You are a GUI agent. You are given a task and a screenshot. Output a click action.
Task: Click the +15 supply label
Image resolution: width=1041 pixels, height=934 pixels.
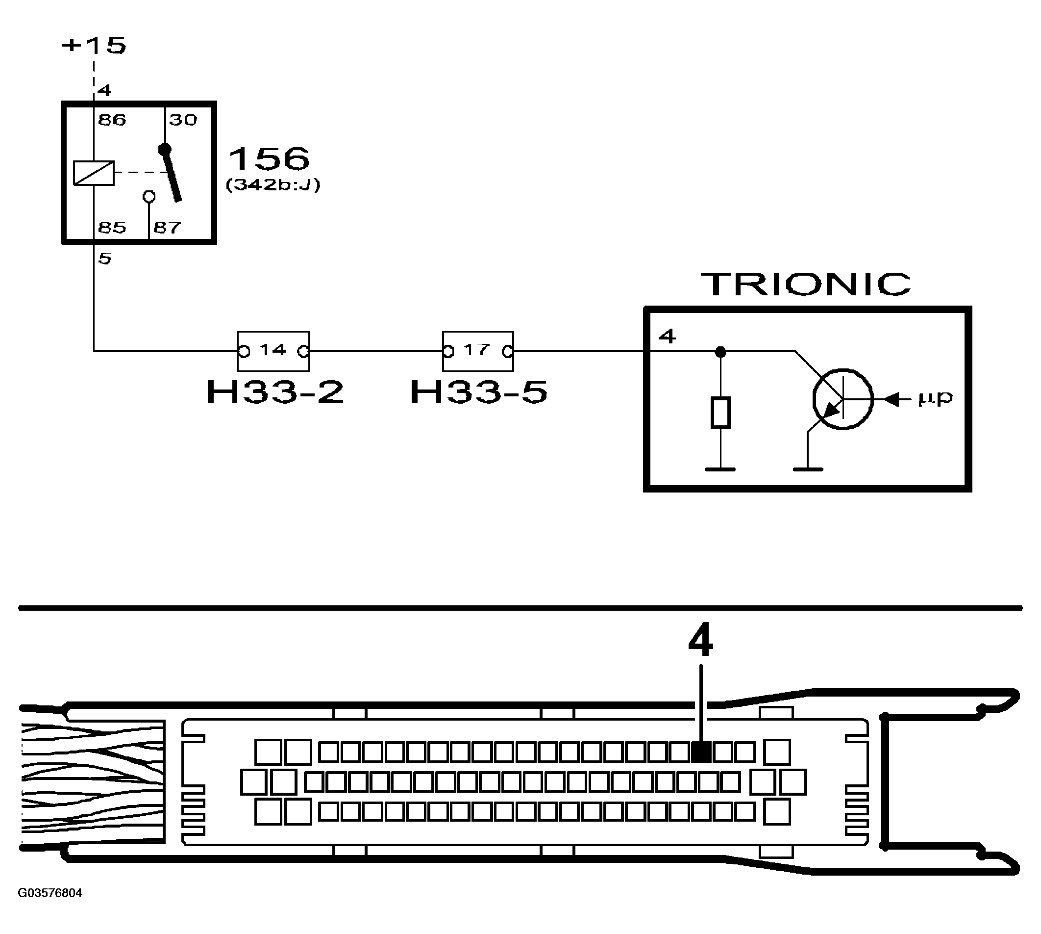[94, 45]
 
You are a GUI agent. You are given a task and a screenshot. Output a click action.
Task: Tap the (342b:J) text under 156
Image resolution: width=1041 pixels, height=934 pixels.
[273, 185]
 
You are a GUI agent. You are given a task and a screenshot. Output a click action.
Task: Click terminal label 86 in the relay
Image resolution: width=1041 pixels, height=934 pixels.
[112, 120]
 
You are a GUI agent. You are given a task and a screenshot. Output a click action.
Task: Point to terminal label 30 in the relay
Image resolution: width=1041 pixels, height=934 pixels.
[183, 120]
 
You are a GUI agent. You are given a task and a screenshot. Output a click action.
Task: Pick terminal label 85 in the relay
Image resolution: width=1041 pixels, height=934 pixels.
[112, 228]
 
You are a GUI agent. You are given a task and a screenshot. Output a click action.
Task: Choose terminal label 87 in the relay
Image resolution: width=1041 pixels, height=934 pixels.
[167, 228]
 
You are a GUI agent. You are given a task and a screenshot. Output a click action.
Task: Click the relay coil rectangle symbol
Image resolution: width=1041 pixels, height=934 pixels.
[93, 173]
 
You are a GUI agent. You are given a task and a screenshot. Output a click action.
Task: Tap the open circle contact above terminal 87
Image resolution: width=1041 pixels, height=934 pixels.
[149, 196]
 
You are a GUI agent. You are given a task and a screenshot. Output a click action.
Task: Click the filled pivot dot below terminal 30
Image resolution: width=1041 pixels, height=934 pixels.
[165, 149]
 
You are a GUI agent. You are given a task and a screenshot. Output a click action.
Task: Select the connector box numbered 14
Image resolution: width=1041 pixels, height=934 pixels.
[273, 351]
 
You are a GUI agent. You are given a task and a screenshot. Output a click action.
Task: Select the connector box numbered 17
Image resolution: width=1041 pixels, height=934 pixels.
[477, 351]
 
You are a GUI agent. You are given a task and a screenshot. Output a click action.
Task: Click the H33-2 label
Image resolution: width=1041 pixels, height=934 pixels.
[275, 392]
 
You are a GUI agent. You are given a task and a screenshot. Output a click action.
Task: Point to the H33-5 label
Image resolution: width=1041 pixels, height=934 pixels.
[479, 392]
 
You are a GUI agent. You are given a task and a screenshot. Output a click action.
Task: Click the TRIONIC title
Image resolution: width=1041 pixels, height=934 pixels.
[806, 284]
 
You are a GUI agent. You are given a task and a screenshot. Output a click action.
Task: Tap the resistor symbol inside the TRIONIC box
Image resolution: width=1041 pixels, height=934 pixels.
[720, 412]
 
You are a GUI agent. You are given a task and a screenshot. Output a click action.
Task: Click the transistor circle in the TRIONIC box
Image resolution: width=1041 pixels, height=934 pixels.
[843, 399]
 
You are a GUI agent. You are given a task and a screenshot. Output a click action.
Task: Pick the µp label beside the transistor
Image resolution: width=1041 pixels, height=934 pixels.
[935, 398]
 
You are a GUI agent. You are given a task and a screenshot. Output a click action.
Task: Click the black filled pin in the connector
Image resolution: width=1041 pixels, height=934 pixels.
[701, 752]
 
